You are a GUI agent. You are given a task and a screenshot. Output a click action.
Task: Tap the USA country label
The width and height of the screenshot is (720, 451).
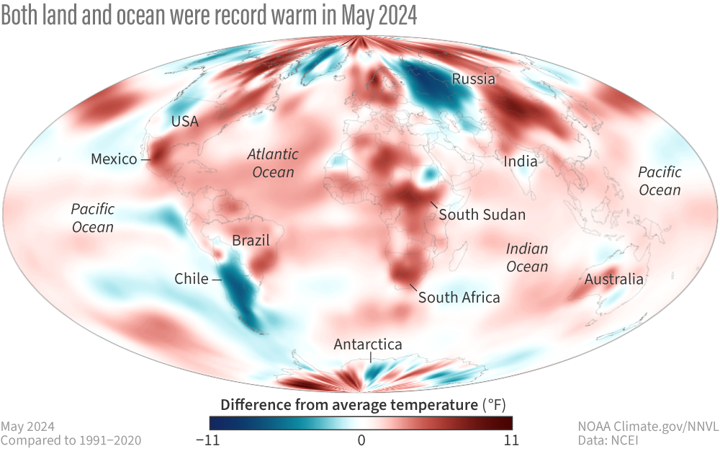click(185, 121)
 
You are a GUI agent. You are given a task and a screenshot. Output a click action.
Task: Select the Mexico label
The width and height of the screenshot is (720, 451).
click(114, 158)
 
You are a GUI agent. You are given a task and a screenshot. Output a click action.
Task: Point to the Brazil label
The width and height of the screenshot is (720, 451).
click(251, 241)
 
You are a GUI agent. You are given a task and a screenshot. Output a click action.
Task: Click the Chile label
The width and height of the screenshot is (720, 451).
click(191, 279)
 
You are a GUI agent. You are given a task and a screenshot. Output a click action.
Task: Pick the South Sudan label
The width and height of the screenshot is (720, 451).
click(482, 215)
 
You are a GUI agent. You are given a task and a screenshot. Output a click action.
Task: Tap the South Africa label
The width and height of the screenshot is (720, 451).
click(459, 297)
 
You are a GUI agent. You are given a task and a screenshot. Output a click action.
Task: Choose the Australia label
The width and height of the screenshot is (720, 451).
click(613, 279)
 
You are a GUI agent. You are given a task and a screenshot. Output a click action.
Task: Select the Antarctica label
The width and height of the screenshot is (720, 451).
click(367, 344)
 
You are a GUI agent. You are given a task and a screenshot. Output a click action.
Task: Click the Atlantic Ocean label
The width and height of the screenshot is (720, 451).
click(273, 163)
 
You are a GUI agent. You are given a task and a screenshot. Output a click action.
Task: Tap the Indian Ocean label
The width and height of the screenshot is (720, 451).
click(527, 257)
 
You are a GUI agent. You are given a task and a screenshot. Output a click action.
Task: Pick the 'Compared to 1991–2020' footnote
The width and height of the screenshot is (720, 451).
click(71, 439)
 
